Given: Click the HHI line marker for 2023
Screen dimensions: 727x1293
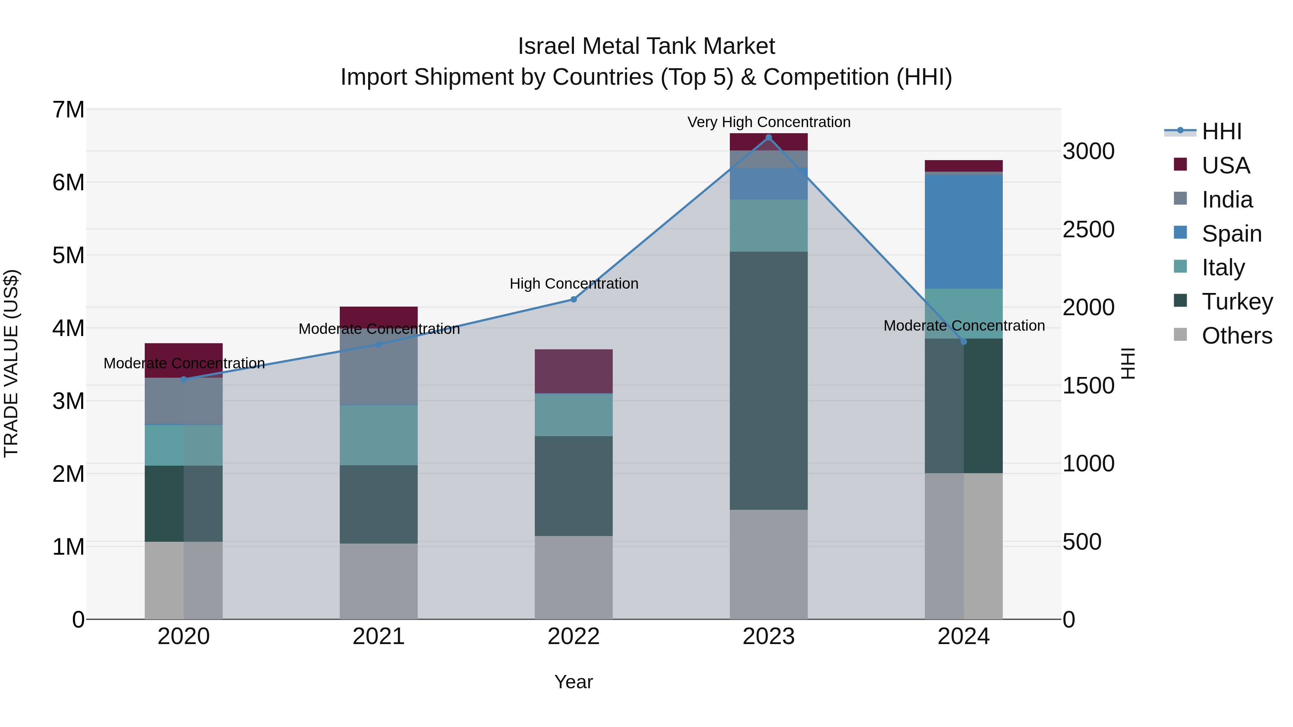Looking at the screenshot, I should [x=769, y=138].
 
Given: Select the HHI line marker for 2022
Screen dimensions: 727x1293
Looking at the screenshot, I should [x=574, y=299].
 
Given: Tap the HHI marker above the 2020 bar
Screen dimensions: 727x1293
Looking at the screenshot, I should [x=184, y=379].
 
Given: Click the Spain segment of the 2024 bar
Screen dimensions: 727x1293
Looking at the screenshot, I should [x=963, y=232].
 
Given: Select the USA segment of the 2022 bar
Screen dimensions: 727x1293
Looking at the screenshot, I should [x=574, y=371].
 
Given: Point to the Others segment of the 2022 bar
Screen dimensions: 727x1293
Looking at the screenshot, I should [x=574, y=577].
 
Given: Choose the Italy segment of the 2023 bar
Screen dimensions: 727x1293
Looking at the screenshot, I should [x=769, y=226].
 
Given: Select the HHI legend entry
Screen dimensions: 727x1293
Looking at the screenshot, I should [x=1221, y=131].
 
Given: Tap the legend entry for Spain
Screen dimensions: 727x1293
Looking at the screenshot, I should [x=1231, y=234].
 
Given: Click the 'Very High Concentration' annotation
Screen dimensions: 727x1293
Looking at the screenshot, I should [x=769, y=122].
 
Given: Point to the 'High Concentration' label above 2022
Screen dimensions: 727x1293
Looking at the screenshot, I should [x=574, y=284].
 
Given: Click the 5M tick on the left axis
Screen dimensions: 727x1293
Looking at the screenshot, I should [x=69, y=255].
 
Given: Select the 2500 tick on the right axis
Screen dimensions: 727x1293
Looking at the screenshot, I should [x=1089, y=229].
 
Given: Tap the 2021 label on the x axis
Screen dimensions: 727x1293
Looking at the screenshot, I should [x=379, y=637].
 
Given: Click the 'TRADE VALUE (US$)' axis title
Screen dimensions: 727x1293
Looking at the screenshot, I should [x=11, y=363].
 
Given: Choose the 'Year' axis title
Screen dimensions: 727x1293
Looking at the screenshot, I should [x=574, y=682].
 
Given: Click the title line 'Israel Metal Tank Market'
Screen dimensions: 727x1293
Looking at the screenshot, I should [x=646, y=46].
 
